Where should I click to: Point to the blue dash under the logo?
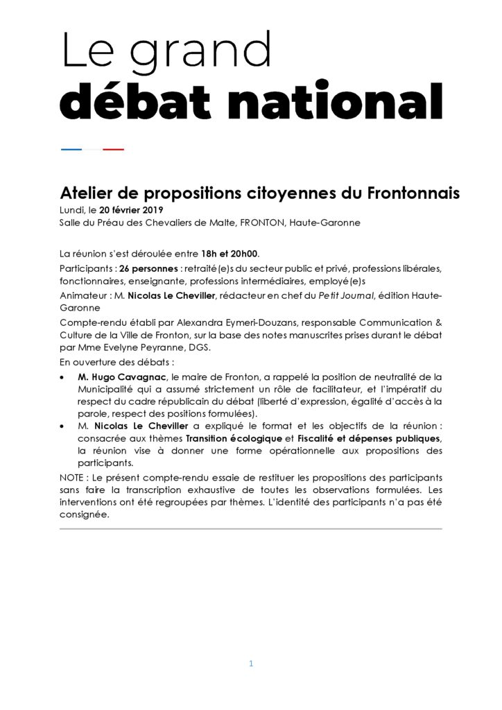71,149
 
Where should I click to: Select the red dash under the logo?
114,149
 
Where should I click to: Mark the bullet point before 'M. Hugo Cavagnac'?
63,377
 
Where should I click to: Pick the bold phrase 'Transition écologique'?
234,439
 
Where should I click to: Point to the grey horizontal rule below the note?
250,529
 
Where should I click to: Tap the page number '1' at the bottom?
251,664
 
